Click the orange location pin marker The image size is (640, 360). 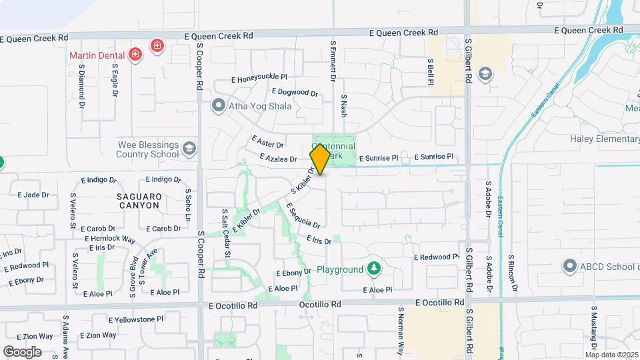[x=320, y=159]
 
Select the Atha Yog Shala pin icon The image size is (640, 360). [x=217, y=105]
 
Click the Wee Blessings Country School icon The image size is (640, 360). [x=190, y=148]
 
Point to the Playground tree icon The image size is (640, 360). [x=374, y=269]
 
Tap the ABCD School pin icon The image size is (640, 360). [x=569, y=267]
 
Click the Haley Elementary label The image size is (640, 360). [x=604, y=139]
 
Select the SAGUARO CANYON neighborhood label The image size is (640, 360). [x=138, y=201]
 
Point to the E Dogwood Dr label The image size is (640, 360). [x=295, y=92]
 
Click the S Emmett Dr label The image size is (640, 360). [x=332, y=60]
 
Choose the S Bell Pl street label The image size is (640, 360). [x=431, y=71]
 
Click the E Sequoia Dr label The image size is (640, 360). [x=303, y=215]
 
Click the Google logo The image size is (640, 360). [x=22, y=351]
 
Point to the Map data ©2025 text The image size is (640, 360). [x=612, y=355]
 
